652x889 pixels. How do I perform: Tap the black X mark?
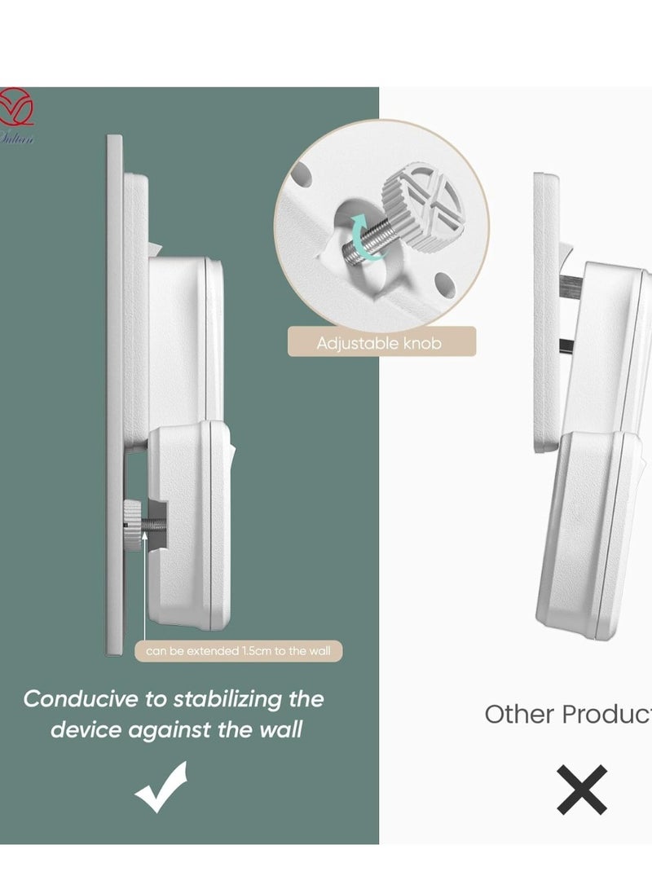pyautogui.click(x=582, y=789)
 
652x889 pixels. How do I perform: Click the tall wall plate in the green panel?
pyautogui.click(x=115, y=391)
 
